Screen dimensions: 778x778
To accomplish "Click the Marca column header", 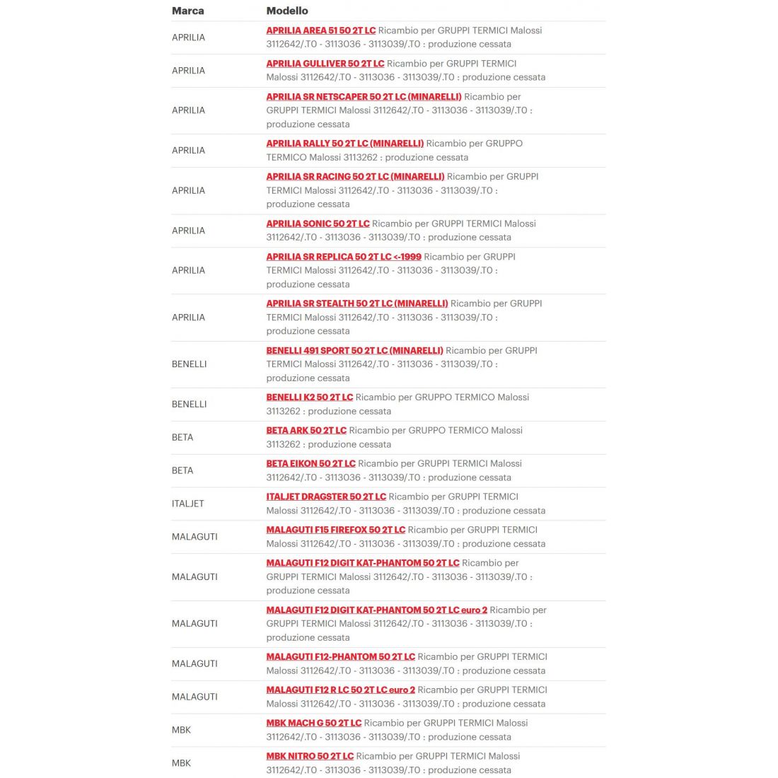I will pos(188,11).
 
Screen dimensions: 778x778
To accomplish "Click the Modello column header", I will pos(287,11).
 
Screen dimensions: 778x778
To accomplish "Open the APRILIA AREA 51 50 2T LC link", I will pos(320,30).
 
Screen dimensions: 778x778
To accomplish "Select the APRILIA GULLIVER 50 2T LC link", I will pos(325,64).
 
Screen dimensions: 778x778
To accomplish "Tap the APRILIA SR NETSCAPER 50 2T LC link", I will pos(364,97).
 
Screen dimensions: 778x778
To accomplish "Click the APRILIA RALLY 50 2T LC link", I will pos(344,144).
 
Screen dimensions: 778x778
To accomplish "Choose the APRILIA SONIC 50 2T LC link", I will pos(318,223).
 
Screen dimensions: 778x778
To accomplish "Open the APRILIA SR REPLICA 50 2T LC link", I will pos(343,257).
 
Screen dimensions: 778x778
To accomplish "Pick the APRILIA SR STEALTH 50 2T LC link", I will pos(356,303).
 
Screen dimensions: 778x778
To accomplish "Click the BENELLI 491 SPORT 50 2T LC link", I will pos(354,351).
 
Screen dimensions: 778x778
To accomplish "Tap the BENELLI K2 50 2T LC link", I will pos(309,397).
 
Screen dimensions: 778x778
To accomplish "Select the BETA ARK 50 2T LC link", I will pos(306,431).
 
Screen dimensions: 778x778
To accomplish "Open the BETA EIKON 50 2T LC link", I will pos(310,464).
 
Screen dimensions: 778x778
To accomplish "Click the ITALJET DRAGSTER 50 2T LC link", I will pos(326,497).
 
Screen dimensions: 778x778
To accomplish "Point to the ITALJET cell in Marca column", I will pos(187,504).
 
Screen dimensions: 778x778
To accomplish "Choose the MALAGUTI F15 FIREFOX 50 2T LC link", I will pos(335,530).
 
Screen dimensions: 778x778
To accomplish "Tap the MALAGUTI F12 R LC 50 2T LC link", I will pos(340,690).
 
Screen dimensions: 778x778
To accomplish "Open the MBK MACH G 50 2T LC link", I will pos(313,724).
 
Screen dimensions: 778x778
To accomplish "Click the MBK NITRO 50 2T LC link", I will pos(310,757).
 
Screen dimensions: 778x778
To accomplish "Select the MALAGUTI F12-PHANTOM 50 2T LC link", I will pos(340,657).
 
